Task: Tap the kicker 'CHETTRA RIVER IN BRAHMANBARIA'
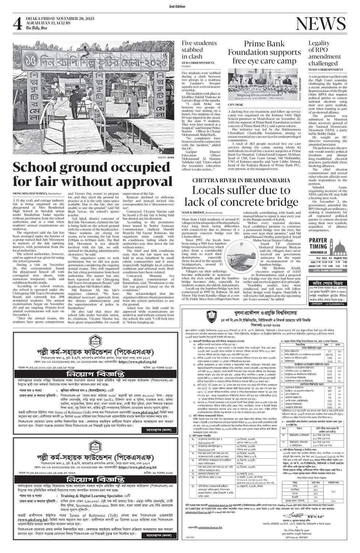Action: coord(241,180)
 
